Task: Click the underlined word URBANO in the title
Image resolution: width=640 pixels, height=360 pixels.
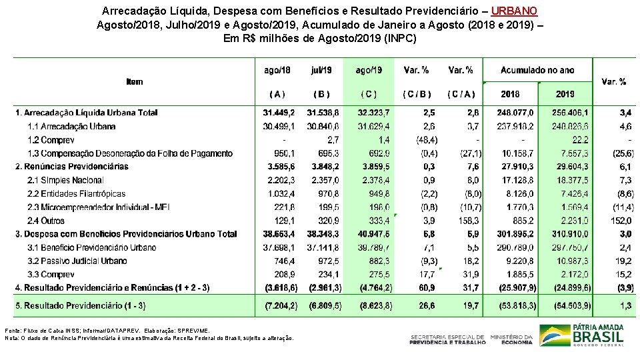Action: coord(514,11)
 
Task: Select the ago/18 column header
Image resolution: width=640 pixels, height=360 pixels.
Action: coord(277,70)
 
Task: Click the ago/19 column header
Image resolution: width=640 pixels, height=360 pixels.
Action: coord(369,70)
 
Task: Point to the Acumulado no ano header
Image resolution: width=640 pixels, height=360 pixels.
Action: coord(537,70)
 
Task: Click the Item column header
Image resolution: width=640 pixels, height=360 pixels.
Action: coord(134,82)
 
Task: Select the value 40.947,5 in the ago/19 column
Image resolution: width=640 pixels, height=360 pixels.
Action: coord(373,234)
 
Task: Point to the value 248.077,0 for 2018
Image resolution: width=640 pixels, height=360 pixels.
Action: coord(517,113)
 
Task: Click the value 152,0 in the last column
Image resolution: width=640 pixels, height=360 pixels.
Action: coord(621,221)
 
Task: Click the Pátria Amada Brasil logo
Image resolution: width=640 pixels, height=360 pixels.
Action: coord(582,334)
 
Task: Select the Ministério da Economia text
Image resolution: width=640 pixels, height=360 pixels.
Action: coord(511,339)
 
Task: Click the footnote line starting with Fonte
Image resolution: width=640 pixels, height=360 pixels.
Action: coord(107,330)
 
